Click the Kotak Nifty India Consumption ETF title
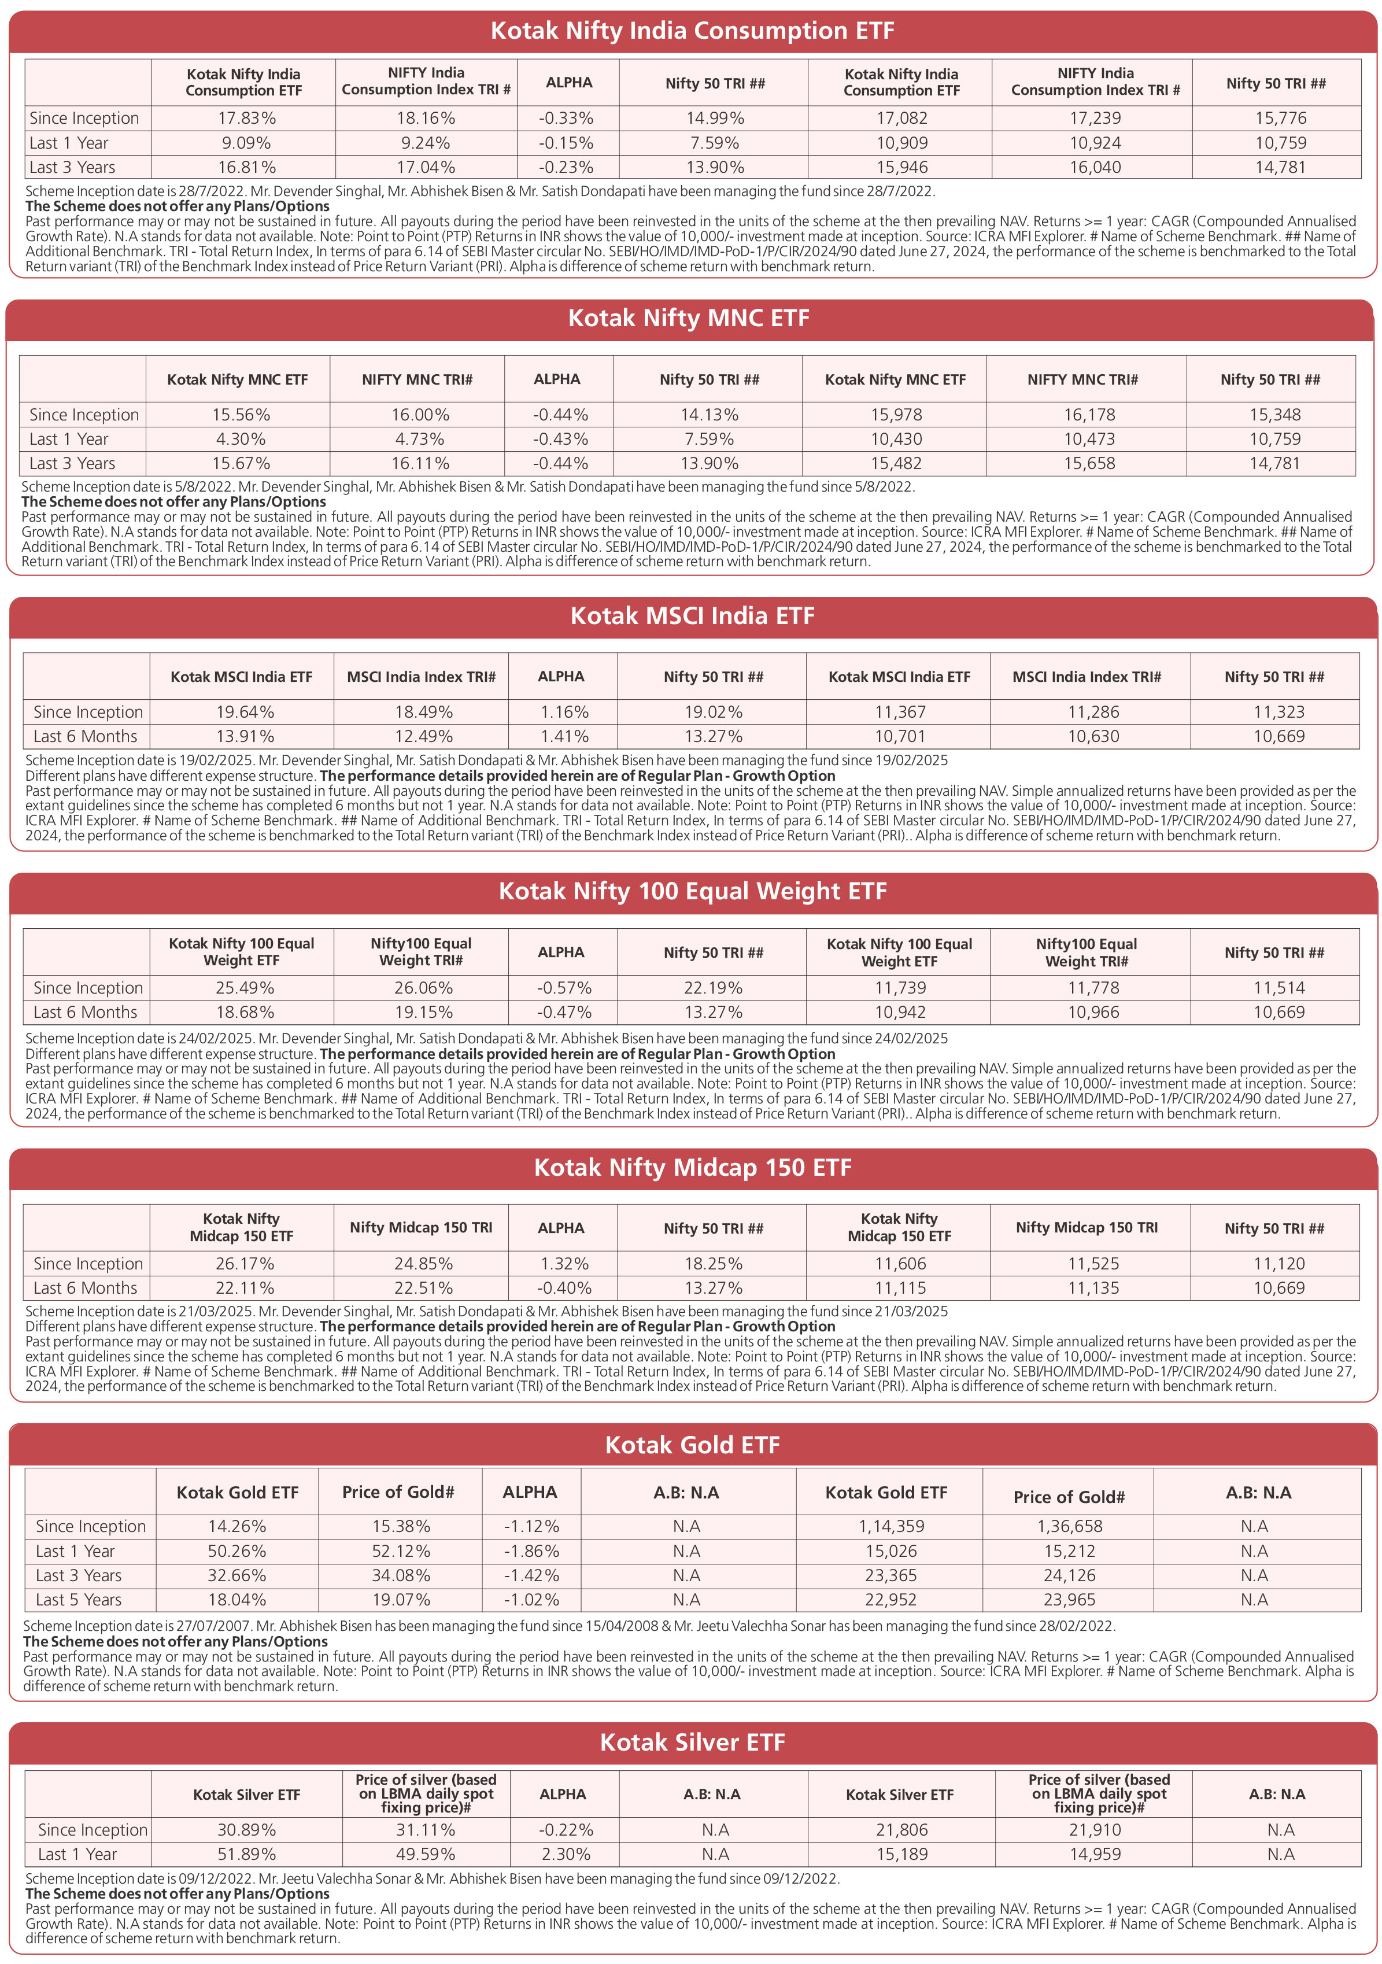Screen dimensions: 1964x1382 [x=691, y=31]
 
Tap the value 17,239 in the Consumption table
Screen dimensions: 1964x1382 [x=1095, y=118]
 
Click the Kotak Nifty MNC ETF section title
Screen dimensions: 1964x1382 [x=689, y=318]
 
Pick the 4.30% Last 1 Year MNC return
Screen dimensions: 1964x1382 [x=241, y=439]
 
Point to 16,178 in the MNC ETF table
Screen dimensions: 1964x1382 [x=1089, y=415]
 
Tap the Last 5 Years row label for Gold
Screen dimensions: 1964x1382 [x=79, y=1600]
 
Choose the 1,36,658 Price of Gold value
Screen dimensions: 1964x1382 [x=1069, y=1526]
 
